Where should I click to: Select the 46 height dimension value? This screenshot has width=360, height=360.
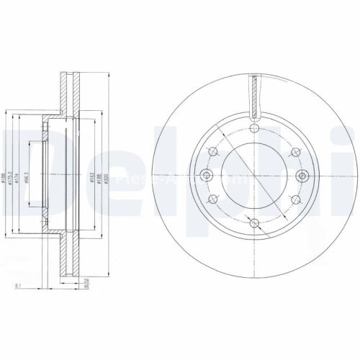click(86, 287)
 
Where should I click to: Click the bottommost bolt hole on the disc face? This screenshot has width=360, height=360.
click(254, 223)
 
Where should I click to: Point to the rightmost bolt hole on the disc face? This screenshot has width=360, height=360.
click(302, 176)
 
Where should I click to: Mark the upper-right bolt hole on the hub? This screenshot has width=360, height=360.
click(295, 152)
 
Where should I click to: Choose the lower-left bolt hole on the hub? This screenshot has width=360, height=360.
click(213, 200)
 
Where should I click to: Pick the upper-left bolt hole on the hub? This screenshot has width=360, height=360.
click(213, 152)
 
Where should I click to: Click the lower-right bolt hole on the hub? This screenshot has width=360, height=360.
click(295, 200)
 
